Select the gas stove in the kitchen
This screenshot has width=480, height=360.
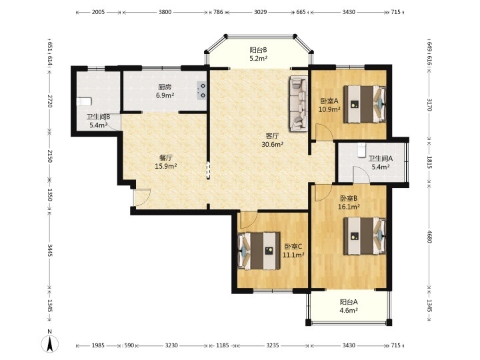(201, 91)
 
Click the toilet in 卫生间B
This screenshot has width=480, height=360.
(84, 101)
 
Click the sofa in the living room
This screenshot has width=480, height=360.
(299, 103)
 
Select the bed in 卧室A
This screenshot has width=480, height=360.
(364, 104)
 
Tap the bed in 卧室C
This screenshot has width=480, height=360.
(259, 251)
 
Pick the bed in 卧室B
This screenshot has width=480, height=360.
(364, 236)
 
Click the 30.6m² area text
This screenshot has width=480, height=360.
(273, 144)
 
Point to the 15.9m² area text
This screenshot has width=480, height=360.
(166, 166)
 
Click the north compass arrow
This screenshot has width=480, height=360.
(50, 343)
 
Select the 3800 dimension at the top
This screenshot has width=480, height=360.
(165, 12)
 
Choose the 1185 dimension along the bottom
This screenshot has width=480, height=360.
(223, 345)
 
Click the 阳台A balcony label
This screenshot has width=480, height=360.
(349, 302)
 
